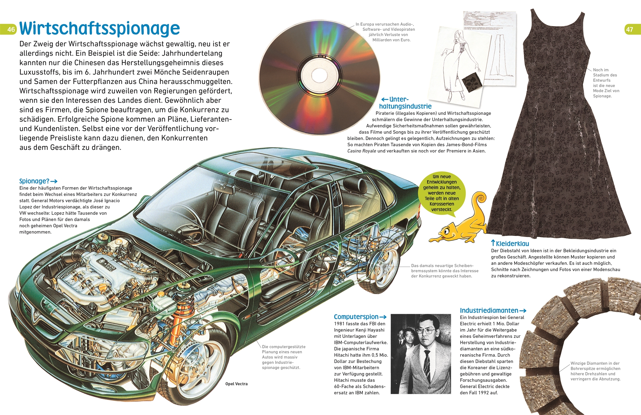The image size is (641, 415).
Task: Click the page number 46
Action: (x=11, y=30)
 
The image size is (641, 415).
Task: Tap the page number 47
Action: (x=629, y=30)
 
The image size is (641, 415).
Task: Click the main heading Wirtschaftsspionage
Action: (x=99, y=29)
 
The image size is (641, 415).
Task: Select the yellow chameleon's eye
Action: (x=447, y=231)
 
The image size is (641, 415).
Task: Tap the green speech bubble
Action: (x=441, y=193)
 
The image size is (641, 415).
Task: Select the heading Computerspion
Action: (x=356, y=317)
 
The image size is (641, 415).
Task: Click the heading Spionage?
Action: (x=34, y=181)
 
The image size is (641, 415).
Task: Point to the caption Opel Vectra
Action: (x=236, y=384)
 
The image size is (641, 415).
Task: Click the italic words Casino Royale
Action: (x=362, y=151)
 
